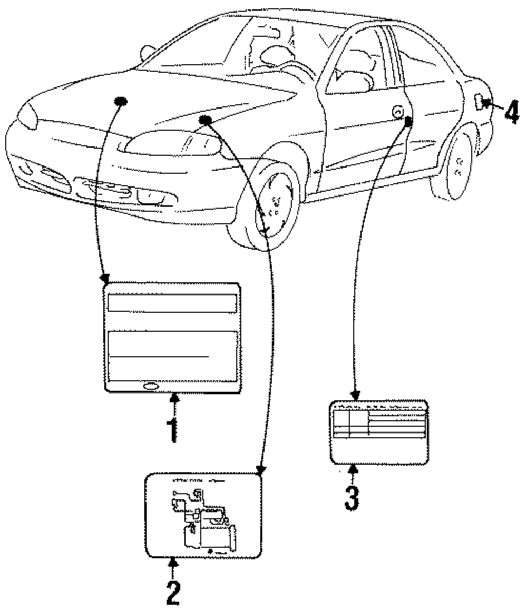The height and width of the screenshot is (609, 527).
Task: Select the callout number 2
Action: (x=173, y=592)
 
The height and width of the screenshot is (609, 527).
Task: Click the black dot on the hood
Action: (x=121, y=101)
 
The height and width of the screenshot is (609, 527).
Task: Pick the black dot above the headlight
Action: (x=206, y=121)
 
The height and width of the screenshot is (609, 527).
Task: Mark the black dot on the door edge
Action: (x=408, y=121)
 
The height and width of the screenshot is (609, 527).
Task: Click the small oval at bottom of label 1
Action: (x=149, y=386)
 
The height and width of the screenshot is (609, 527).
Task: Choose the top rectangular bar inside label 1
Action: (x=172, y=303)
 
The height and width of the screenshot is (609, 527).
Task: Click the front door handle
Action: (x=397, y=112)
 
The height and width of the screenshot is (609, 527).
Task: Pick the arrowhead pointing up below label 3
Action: (x=353, y=468)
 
